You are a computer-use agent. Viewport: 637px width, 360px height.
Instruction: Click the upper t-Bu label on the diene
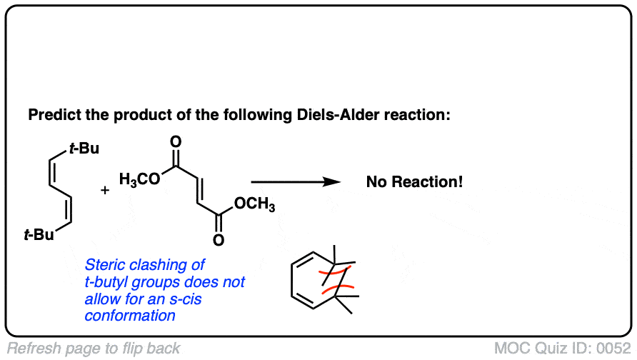click(84, 149)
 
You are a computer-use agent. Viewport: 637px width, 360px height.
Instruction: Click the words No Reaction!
click(414, 182)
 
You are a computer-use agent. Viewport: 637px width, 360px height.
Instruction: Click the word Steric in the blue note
click(104, 265)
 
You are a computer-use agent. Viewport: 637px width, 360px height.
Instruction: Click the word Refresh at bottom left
click(33, 349)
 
